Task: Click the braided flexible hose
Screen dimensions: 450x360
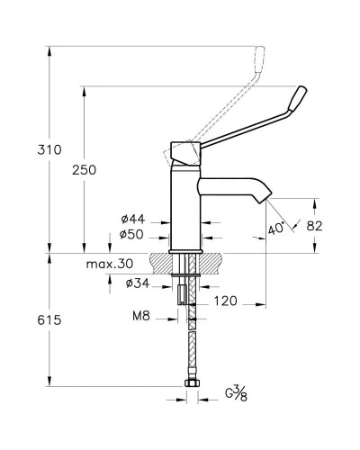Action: click(x=191, y=346)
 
